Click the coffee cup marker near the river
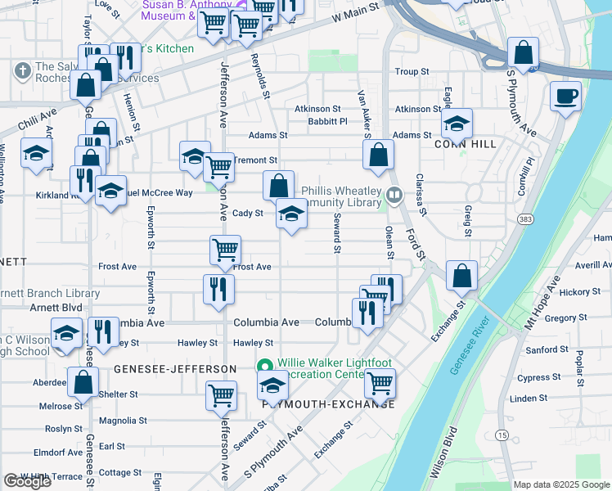pos(565,96)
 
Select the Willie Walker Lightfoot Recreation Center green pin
pos(264,364)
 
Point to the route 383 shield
pos(524,218)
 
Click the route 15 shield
pos(502,434)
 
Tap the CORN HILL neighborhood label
pos(457,142)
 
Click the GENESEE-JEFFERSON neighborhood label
pos(174,369)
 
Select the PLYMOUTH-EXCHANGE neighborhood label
pos(327,404)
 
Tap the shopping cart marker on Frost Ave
pos(225,250)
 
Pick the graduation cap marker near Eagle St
pos(457,123)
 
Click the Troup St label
pos(412,72)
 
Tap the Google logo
pos(27,481)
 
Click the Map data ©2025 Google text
pos(561,484)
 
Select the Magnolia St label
pos(122,421)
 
